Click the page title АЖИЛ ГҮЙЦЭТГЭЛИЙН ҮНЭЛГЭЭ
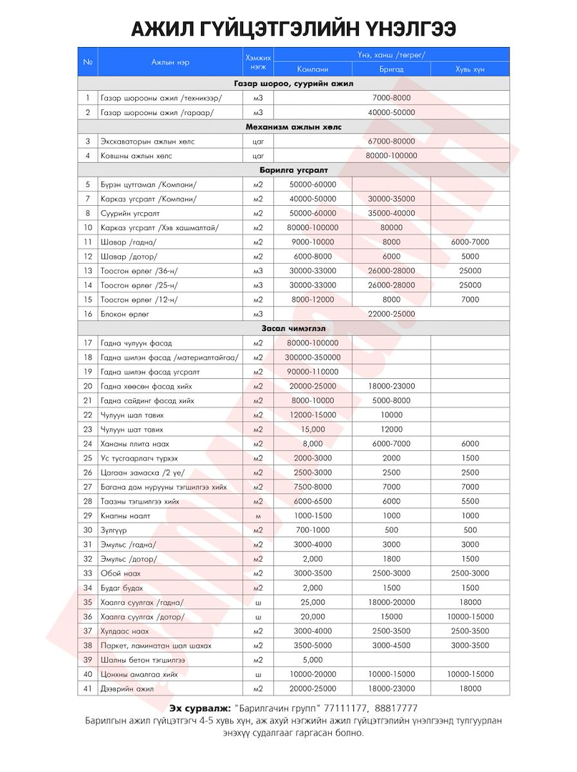coord(288,28)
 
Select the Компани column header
coord(312,69)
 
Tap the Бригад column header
coord(391,69)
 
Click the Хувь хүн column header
coord(470,69)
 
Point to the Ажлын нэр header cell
coord(170,62)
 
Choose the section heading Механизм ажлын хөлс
coord(294,127)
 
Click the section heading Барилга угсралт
coord(294,170)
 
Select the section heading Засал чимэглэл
coord(294,329)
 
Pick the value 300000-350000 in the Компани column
coord(312,357)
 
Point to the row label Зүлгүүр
coord(114,530)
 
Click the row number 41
coord(88,688)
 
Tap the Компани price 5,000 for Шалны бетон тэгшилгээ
coord(312,660)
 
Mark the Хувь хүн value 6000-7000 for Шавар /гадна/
coord(470,242)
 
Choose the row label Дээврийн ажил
coord(127,688)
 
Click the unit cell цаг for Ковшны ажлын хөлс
coord(258,156)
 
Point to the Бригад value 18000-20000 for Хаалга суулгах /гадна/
coord(391,602)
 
